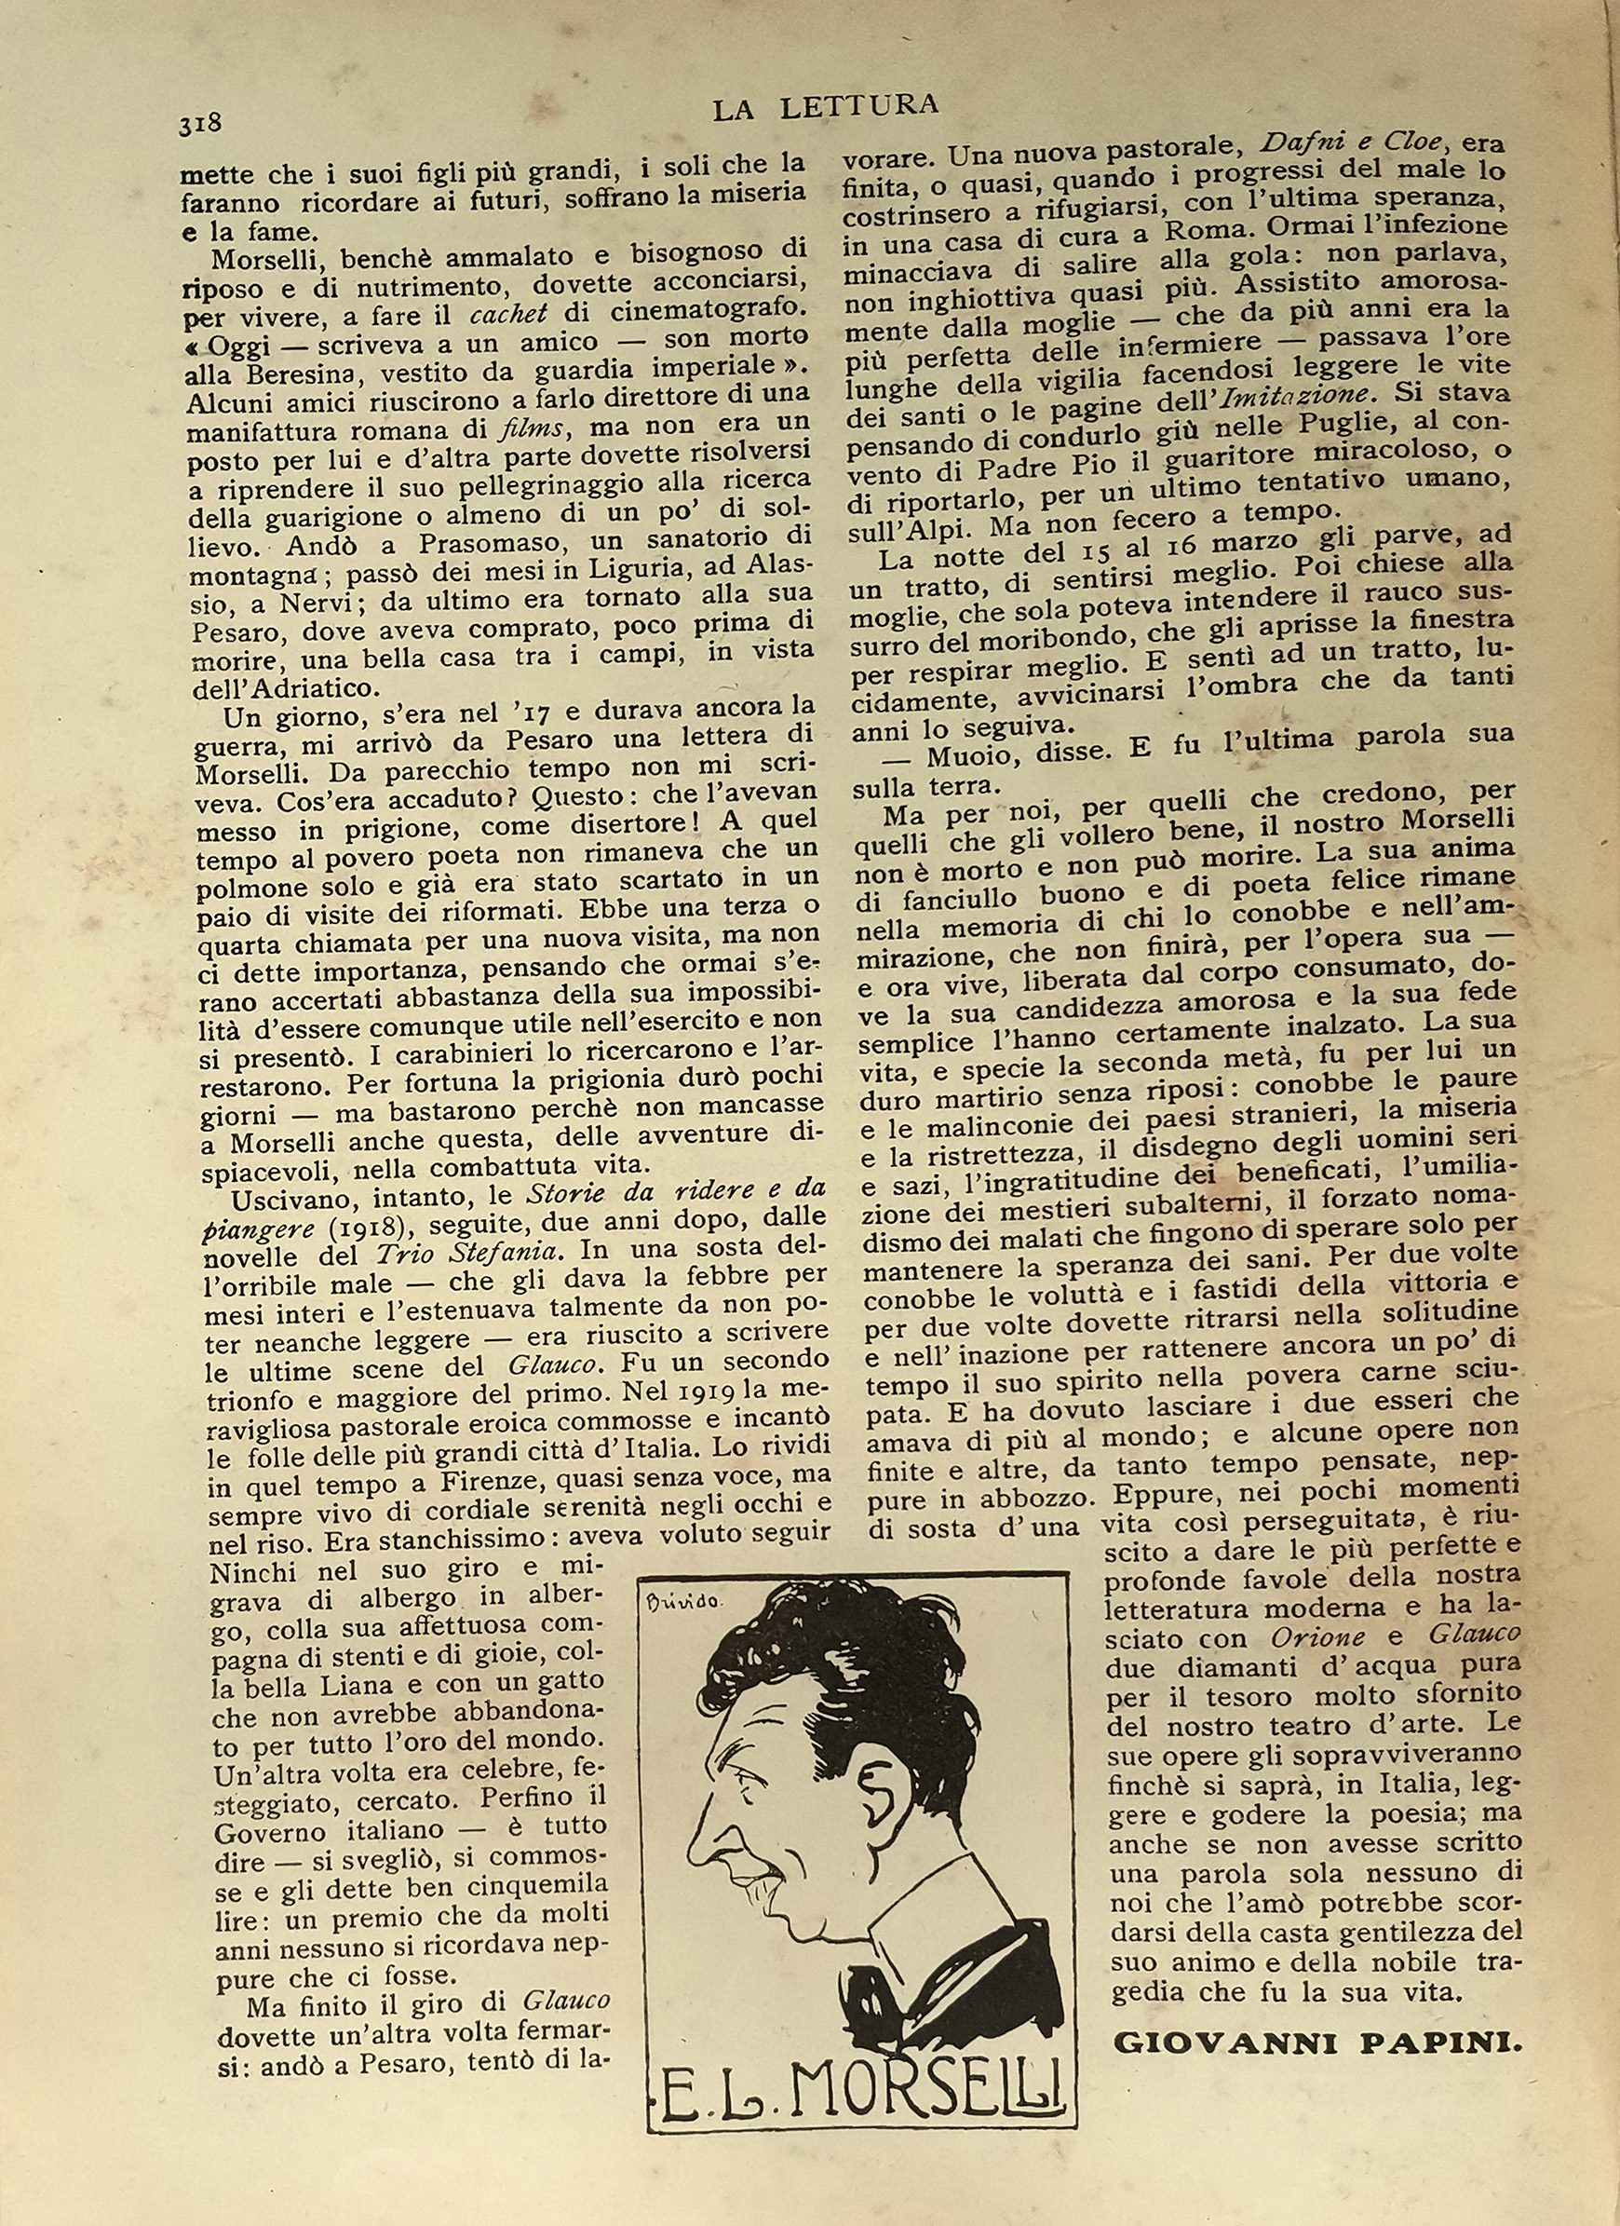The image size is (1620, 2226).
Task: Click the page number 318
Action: pos(200,124)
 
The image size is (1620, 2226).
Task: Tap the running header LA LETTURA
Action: pos(825,106)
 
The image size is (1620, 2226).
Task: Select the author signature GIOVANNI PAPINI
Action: pos(1317,2044)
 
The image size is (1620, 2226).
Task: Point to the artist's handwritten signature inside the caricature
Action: pos(684,1602)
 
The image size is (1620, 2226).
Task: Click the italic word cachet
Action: pos(508,314)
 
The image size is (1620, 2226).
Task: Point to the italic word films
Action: pos(531,428)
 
